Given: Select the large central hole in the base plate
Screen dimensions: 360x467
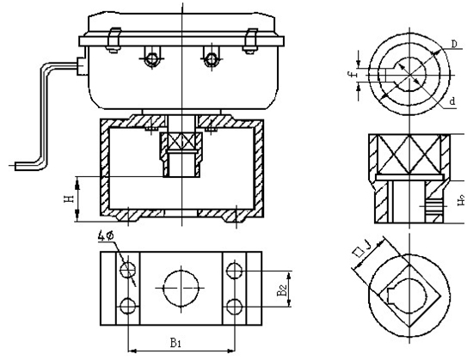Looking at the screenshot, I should click(x=181, y=288).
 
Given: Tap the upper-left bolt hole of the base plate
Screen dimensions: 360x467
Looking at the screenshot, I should click(x=129, y=271).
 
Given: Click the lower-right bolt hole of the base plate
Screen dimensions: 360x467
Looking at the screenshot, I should click(x=234, y=306).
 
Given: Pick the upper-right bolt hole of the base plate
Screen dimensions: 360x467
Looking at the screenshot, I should click(x=234, y=271).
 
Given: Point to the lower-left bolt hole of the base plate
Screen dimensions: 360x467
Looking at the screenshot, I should click(x=129, y=306).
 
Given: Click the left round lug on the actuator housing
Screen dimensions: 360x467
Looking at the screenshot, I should click(x=153, y=58).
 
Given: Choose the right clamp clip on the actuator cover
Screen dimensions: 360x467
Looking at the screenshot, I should click(x=250, y=39).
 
